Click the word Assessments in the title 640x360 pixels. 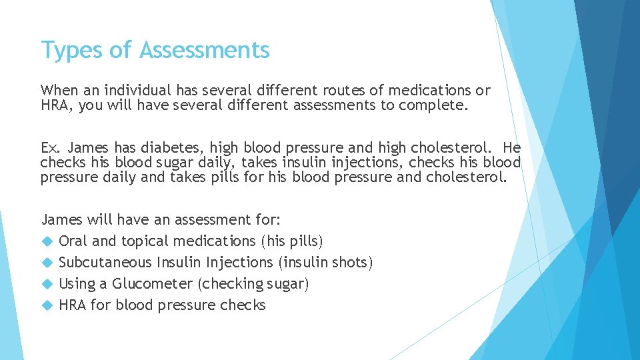click(x=205, y=50)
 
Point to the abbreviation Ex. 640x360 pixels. click(x=51, y=148)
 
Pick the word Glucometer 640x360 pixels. click(x=153, y=284)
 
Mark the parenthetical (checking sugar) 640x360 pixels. click(x=254, y=284)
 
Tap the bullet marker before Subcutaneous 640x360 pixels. click(x=47, y=263)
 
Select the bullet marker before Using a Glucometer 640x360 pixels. click(x=47, y=284)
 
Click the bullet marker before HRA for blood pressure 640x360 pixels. click(x=47, y=305)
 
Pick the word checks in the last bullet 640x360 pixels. click(x=244, y=305)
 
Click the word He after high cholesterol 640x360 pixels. click(x=512, y=148)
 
